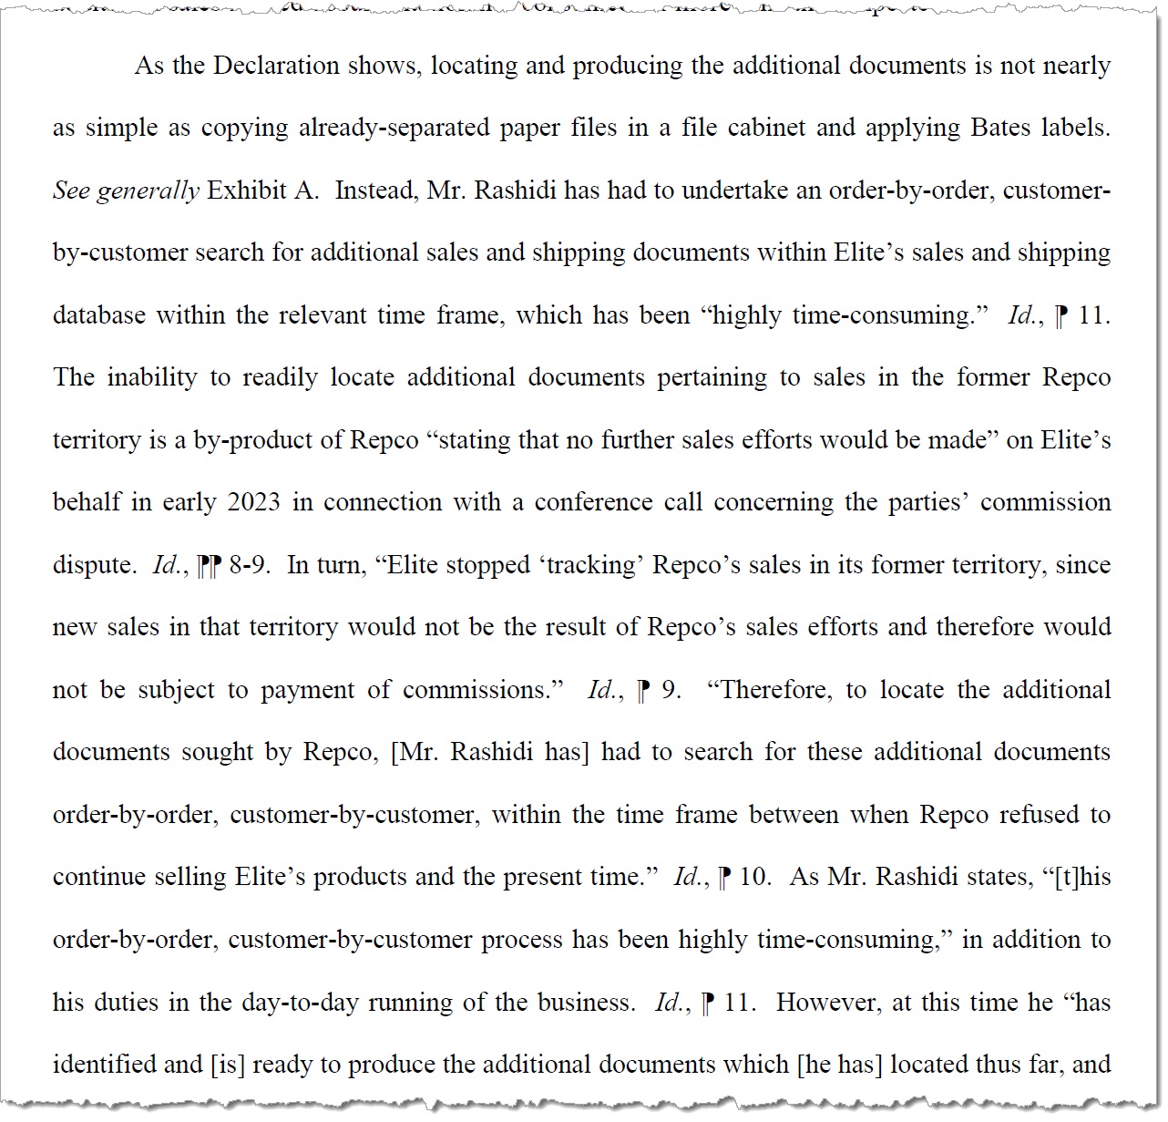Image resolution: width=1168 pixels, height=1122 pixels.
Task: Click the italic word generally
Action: coord(148,190)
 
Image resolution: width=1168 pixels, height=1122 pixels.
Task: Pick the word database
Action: coord(98,315)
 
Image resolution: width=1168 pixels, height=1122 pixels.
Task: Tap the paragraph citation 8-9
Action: coord(248,565)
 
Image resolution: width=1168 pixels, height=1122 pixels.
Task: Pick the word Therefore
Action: coord(775,690)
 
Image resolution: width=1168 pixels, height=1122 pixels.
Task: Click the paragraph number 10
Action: coord(753,877)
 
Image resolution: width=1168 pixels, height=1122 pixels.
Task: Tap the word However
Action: coord(828,1003)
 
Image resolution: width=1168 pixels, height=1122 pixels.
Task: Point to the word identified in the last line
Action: coord(103,1065)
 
